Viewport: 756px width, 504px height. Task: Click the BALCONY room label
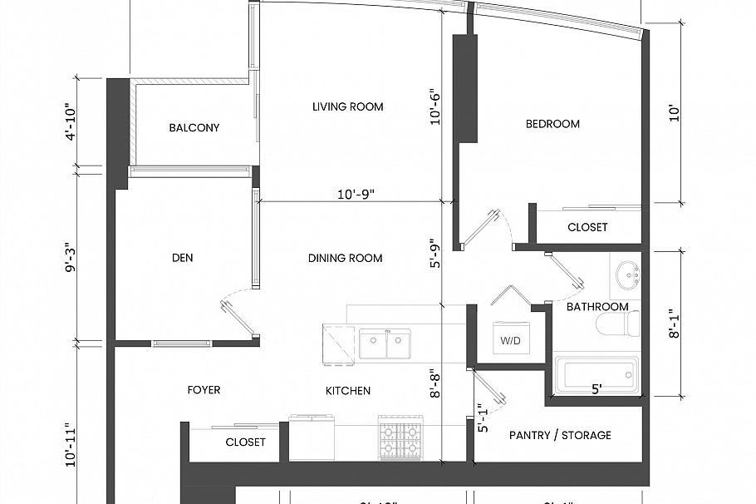click(194, 127)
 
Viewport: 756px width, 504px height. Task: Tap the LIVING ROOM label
click(347, 106)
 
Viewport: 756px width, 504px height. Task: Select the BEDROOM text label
click(552, 124)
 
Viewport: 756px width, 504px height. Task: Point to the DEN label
click(182, 258)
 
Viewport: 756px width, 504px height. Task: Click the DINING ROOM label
click(345, 258)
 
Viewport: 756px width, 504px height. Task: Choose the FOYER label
click(204, 389)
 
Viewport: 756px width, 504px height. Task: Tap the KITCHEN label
click(347, 390)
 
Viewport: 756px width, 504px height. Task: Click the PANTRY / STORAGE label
click(559, 435)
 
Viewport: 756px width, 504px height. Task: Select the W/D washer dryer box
click(511, 339)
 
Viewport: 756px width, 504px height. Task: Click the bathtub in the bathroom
click(596, 374)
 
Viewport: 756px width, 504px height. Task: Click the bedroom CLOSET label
click(587, 227)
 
